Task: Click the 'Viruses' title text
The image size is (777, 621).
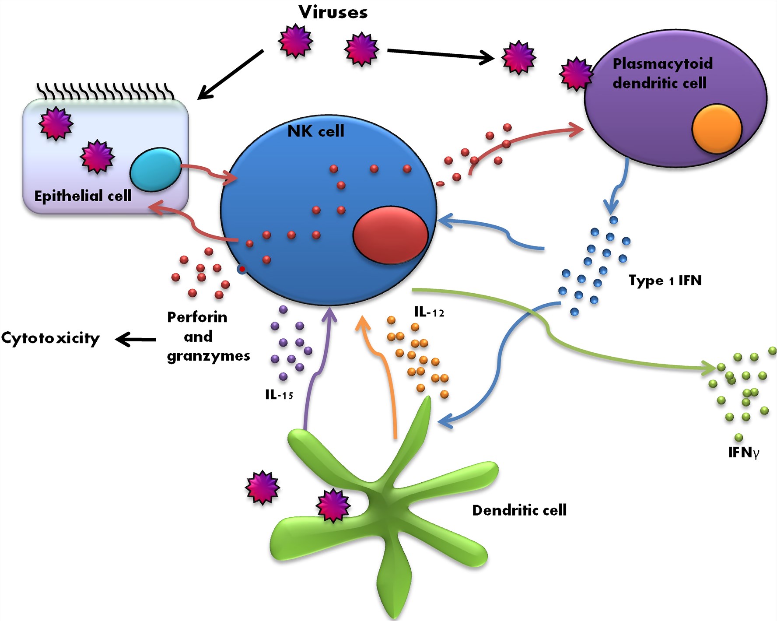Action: tap(333, 12)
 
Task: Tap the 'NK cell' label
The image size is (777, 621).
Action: tap(316, 131)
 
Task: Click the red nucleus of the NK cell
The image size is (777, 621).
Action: tap(390, 235)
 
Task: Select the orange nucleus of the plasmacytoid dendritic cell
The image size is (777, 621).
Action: tap(717, 129)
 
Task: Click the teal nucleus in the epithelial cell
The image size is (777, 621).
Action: tap(155, 169)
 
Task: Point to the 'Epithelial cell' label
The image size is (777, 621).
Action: tap(83, 196)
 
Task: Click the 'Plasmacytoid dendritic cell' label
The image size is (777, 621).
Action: tap(662, 73)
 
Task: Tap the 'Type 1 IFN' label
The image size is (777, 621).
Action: tap(665, 280)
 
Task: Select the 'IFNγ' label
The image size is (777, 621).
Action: tap(743, 452)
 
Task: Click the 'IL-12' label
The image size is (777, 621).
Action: tap(429, 312)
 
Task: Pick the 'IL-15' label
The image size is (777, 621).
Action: tap(279, 395)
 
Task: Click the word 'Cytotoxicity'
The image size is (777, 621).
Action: tap(50, 338)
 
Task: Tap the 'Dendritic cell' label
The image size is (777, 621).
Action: tap(519, 510)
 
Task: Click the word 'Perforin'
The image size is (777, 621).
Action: tap(197, 317)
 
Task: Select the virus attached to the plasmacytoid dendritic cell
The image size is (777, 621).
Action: tap(576, 74)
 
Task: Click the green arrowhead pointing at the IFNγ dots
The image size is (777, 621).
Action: tap(710, 367)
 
